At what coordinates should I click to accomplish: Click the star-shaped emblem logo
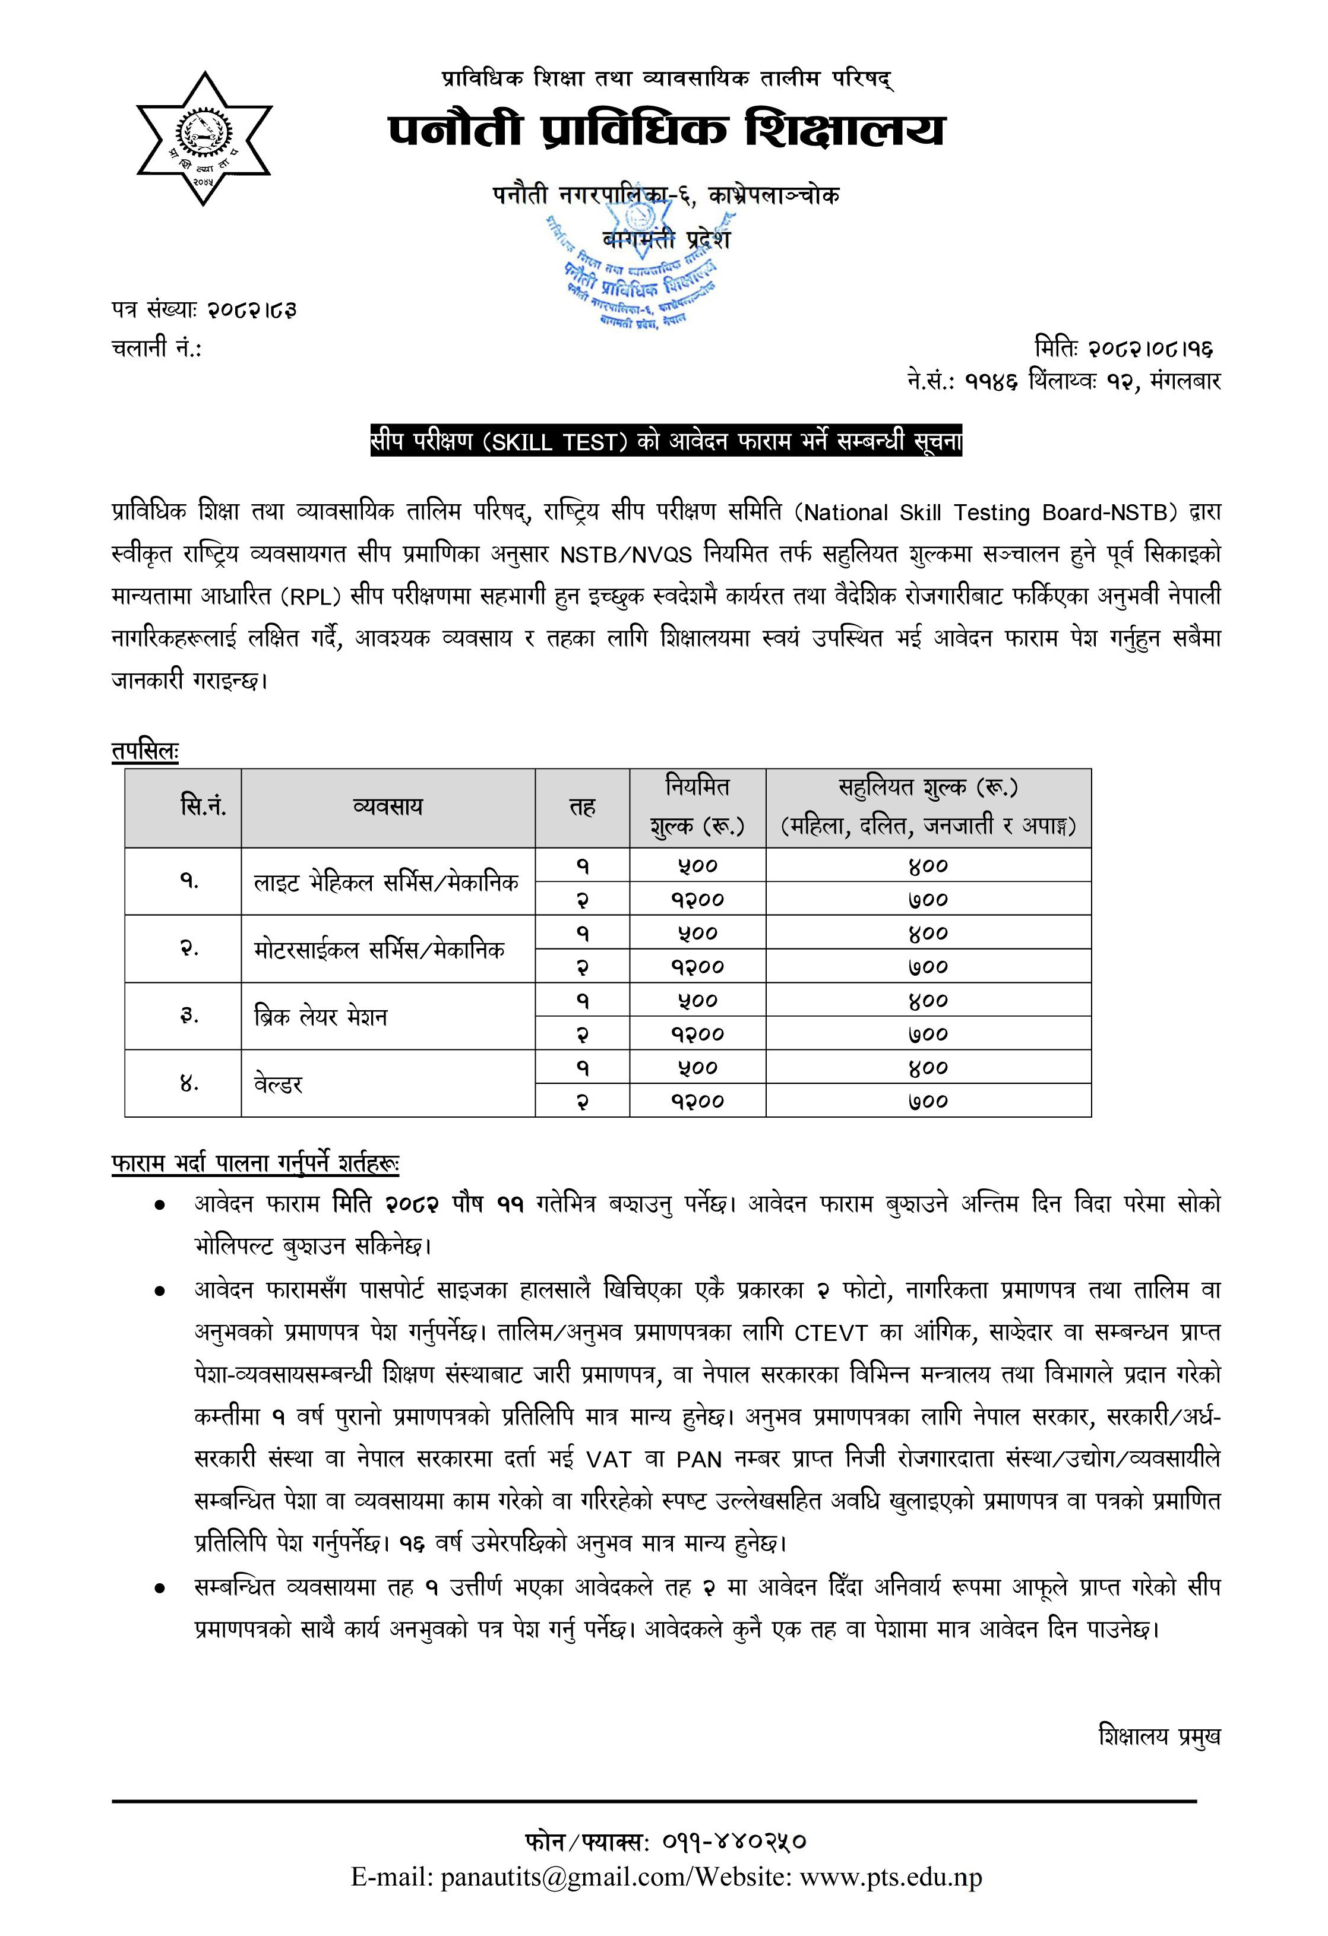[x=204, y=138]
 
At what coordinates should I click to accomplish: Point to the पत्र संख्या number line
[x=204, y=310]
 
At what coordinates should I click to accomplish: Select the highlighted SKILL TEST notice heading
[x=666, y=441]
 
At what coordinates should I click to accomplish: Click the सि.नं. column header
[x=203, y=806]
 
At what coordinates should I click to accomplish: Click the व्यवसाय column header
[x=387, y=806]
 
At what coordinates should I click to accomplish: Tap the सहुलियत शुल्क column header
[x=928, y=806]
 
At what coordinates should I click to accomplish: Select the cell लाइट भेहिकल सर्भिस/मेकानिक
[x=387, y=881]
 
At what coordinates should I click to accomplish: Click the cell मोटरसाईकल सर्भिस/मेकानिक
[x=380, y=949]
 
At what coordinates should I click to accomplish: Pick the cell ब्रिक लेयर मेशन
[x=321, y=1016]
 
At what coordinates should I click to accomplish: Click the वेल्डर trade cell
[x=279, y=1084]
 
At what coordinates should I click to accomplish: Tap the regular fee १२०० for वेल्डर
[x=697, y=1101]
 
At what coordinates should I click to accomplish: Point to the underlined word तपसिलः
[x=145, y=751]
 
